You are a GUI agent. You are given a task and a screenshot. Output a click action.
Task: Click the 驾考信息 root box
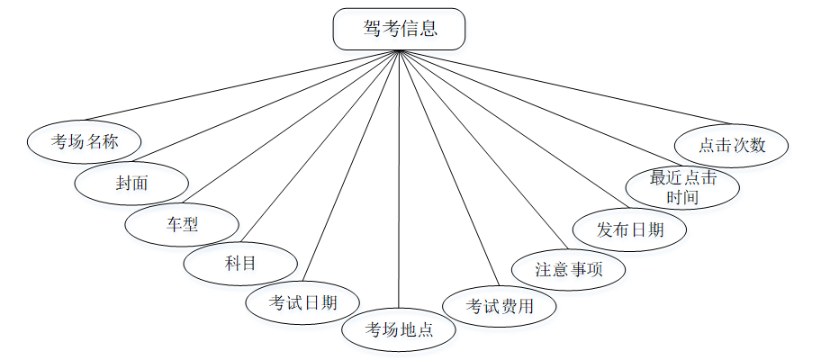(400, 29)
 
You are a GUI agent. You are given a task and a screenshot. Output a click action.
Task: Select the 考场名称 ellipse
(84, 141)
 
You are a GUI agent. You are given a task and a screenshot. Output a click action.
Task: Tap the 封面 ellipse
(131, 184)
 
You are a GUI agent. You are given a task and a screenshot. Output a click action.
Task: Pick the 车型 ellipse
(181, 225)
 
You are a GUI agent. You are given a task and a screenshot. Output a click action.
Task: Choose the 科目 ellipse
(239, 263)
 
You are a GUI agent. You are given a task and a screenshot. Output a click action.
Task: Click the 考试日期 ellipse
(303, 302)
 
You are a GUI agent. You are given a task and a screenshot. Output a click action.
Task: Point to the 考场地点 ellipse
(399, 329)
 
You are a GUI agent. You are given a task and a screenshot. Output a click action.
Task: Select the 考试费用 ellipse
(500, 306)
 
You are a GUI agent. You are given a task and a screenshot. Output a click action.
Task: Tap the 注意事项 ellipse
(568, 269)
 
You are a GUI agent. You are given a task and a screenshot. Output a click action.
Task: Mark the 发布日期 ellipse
(630, 229)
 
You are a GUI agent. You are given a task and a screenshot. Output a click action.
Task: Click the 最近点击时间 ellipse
(683, 187)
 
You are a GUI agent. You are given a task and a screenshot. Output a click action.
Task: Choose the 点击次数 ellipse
(732, 144)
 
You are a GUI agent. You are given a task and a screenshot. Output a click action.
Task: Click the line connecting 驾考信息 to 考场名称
(241, 85)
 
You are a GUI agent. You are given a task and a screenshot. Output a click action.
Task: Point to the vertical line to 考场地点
(399, 180)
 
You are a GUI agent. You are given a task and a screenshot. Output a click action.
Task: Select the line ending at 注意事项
(482, 149)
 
